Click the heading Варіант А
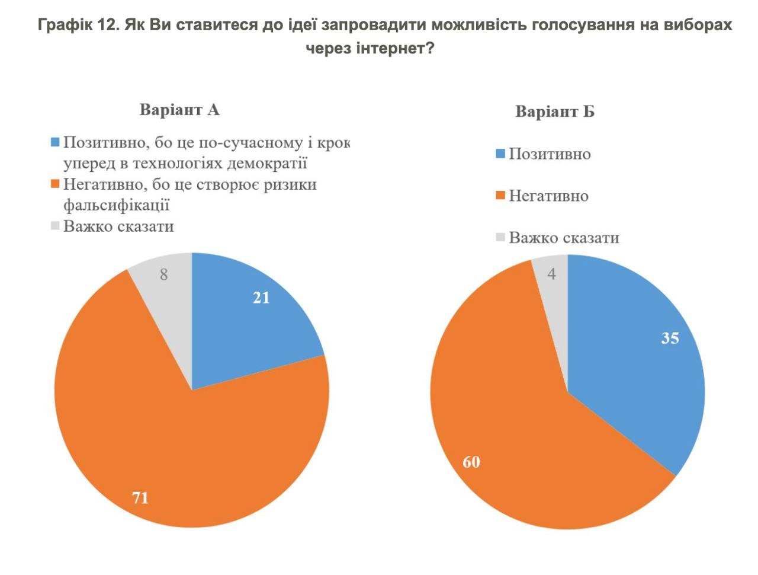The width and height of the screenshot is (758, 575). pos(179,110)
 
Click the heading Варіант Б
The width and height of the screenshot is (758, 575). pos(554,111)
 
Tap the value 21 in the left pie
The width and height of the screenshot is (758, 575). pos(261,298)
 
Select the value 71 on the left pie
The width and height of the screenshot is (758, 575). pos(140,498)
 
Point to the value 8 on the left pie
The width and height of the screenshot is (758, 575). pos(164,274)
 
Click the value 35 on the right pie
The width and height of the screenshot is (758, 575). pos(670,338)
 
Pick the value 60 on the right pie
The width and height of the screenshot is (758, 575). pos(471,462)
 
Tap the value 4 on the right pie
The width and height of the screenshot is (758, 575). pos(551,274)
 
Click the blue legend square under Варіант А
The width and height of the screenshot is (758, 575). pos(56,142)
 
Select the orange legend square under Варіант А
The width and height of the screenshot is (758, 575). pos(56,184)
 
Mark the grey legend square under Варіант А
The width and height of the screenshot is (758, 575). pos(56,226)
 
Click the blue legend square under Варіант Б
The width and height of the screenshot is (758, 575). pos(500,154)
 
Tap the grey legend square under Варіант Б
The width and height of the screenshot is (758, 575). pos(500,238)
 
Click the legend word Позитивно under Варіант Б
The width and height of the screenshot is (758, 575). pos(550,154)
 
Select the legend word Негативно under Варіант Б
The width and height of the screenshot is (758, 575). pos(548,196)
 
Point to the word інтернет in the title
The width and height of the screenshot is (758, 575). pos(384,48)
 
